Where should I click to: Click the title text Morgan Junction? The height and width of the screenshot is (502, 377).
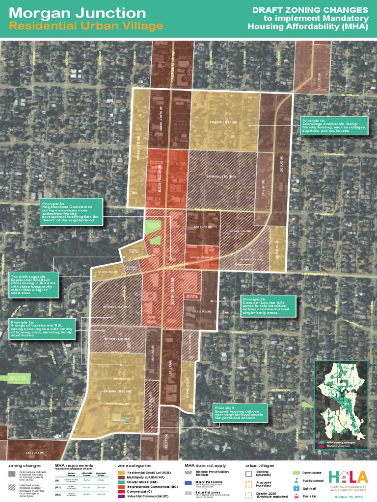[x=79, y=13]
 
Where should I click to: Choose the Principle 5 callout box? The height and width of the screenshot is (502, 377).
[x=240, y=412]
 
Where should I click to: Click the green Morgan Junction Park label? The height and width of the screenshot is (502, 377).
[x=155, y=226]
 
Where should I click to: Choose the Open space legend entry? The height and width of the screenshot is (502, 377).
[x=311, y=473]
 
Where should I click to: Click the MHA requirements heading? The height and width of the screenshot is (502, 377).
[x=73, y=465]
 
